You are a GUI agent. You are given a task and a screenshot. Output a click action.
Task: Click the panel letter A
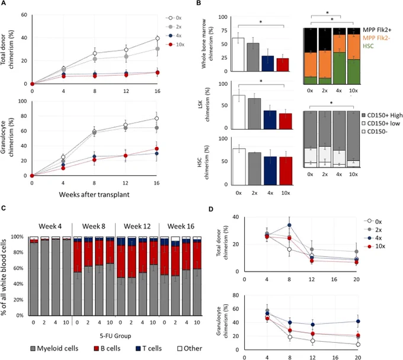4,3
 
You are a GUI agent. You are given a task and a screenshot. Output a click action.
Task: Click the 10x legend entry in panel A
175,44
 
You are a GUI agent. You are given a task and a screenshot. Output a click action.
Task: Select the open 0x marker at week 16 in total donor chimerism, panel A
157,38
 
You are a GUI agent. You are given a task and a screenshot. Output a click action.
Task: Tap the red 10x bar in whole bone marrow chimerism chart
283,65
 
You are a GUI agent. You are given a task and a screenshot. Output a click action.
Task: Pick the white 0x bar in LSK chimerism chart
239,112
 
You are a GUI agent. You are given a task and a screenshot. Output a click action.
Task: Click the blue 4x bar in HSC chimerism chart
270,171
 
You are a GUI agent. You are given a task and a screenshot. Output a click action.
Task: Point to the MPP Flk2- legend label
376,38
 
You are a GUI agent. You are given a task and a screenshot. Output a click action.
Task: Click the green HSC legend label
368,46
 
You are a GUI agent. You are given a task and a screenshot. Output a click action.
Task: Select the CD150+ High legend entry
382,115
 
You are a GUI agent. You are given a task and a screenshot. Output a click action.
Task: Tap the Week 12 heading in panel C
137,226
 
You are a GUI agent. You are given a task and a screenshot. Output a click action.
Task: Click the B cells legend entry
107,348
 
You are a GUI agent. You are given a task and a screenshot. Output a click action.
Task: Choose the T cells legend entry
149,348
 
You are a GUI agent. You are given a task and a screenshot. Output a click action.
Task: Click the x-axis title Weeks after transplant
94,194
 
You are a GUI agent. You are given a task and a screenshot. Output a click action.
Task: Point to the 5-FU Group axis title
116,336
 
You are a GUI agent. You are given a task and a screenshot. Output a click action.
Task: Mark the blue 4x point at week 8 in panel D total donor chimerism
289,225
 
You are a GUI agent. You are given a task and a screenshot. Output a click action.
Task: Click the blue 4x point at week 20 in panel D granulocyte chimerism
358,322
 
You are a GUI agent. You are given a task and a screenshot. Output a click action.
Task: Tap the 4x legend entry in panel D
375,238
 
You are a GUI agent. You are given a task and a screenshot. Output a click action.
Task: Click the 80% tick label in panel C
18,252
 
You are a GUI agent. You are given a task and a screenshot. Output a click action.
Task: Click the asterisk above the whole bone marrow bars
261,22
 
